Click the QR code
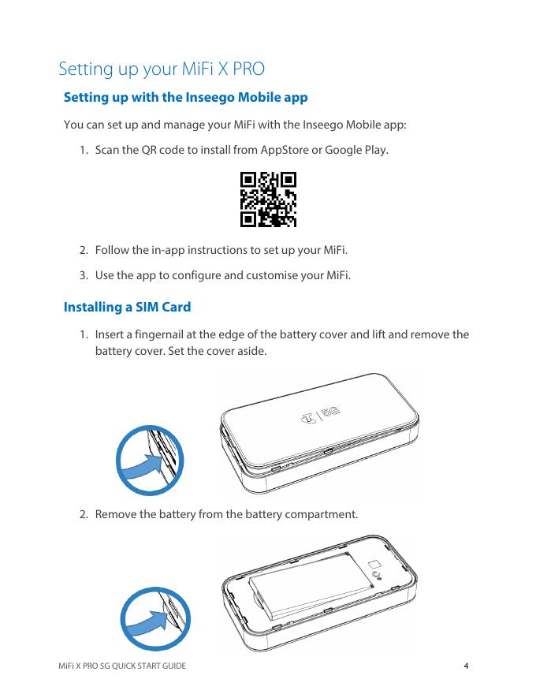tap(268, 200)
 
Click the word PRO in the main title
tap(248, 69)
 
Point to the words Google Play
tap(356, 150)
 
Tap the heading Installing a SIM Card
tap(128, 307)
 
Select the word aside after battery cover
tap(251, 352)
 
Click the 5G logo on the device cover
tap(331, 412)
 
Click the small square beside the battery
tap(374, 564)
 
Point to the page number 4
tap(466, 666)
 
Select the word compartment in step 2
tap(321, 514)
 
